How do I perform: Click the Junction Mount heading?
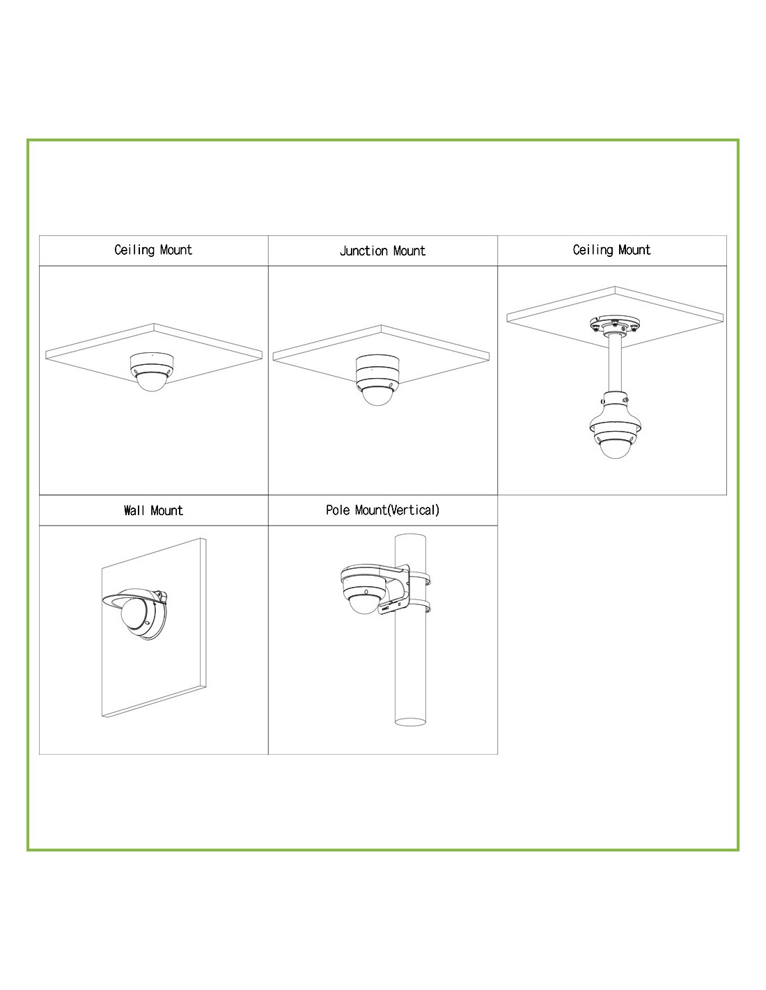[x=382, y=251]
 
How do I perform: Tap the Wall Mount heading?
[x=153, y=510]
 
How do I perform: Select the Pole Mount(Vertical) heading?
[x=382, y=510]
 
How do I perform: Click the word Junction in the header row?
[x=364, y=251]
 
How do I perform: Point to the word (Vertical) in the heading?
[x=414, y=510]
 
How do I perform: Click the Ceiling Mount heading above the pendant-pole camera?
[x=611, y=250]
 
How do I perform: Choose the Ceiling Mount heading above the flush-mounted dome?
[x=153, y=250]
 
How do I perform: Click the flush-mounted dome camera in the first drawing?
[x=151, y=372]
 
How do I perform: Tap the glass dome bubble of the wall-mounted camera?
[x=135, y=611]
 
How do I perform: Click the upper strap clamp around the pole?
[x=420, y=579]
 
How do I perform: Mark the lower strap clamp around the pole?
[x=420, y=606]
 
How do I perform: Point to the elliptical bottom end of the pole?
[x=410, y=722]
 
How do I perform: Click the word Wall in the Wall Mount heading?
[x=134, y=510]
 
